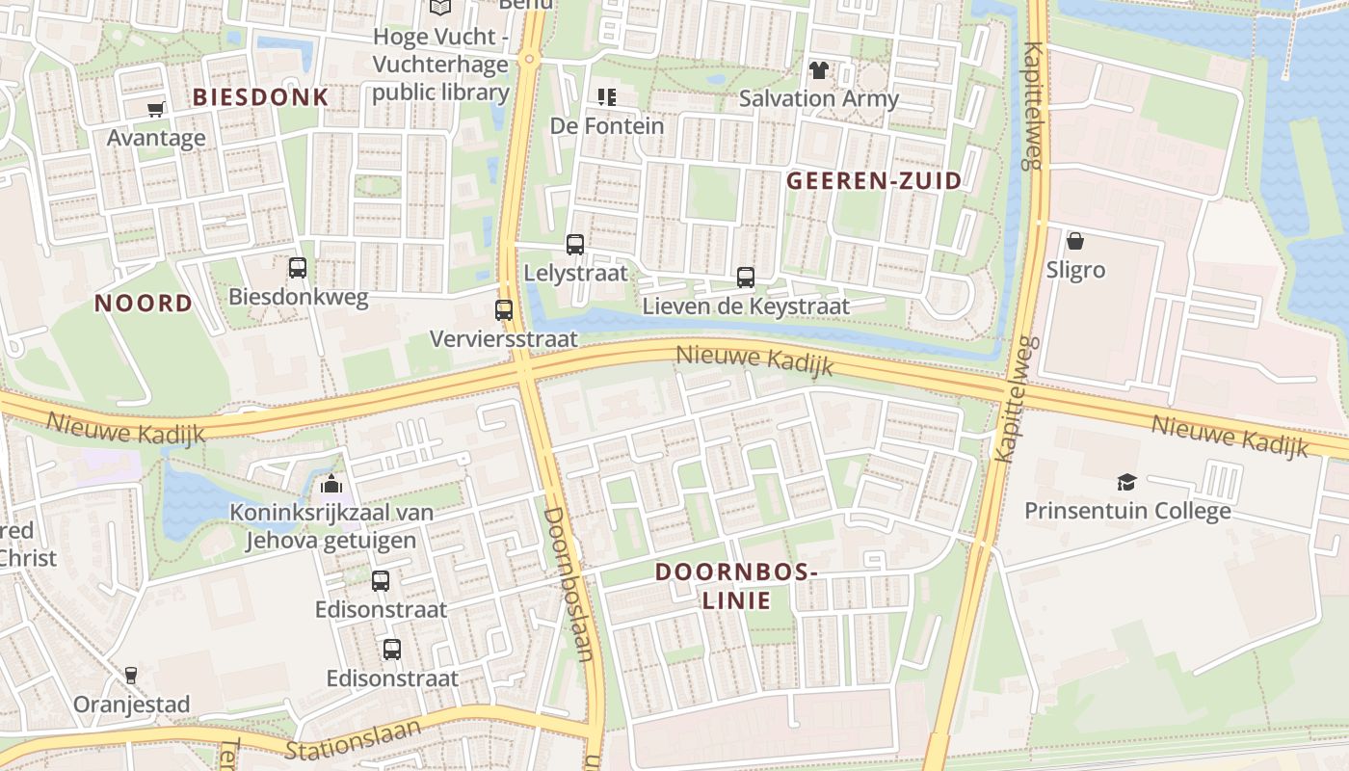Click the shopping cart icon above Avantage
156,109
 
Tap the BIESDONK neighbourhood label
260,97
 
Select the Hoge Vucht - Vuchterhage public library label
440,65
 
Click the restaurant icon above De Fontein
607,96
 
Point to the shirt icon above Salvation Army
819,69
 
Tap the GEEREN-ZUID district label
874,180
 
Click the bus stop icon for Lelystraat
575,245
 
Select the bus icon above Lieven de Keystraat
746,278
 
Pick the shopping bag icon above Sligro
1075,241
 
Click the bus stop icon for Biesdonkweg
298,268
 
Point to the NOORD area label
144,304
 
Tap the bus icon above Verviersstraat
504,310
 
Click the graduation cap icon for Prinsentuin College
1126,482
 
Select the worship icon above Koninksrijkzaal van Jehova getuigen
331,483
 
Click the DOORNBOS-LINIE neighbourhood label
736,586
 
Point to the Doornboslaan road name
568,583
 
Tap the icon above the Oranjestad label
131,675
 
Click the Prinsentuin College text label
1127,511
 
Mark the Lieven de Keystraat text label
746,306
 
